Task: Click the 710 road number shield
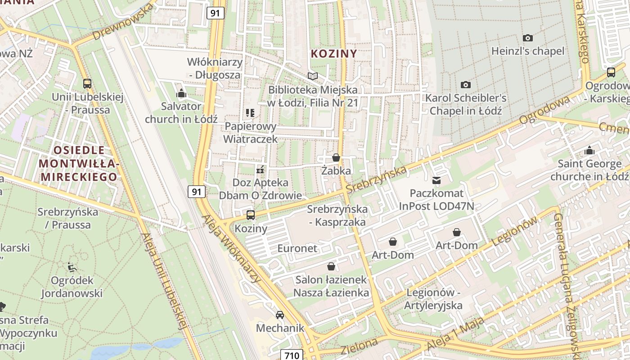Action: coord(292,355)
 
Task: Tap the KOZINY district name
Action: coord(334,54)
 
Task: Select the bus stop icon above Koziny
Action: coord(251,215)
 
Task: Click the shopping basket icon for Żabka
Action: coord(336,157)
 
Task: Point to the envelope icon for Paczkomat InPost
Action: coord(436,180)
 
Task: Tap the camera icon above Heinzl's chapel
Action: coord(527,38)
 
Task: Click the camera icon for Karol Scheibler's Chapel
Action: coord(466,85)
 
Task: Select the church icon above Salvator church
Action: coord(181,93)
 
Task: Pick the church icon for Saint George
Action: coord(589,150)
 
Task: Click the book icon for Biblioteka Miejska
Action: coord(312,76)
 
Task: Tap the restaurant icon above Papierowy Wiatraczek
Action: coord(250,113)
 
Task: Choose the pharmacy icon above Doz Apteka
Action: coord(260,170)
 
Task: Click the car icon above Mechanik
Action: coord(280,315)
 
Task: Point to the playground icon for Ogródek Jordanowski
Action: coord(72,267)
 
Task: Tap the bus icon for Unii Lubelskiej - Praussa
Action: coord(87,83)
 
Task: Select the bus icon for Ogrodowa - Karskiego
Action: coord(611,72)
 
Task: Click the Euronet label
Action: coord(297,248)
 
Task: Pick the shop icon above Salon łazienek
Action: coord(331,266)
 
